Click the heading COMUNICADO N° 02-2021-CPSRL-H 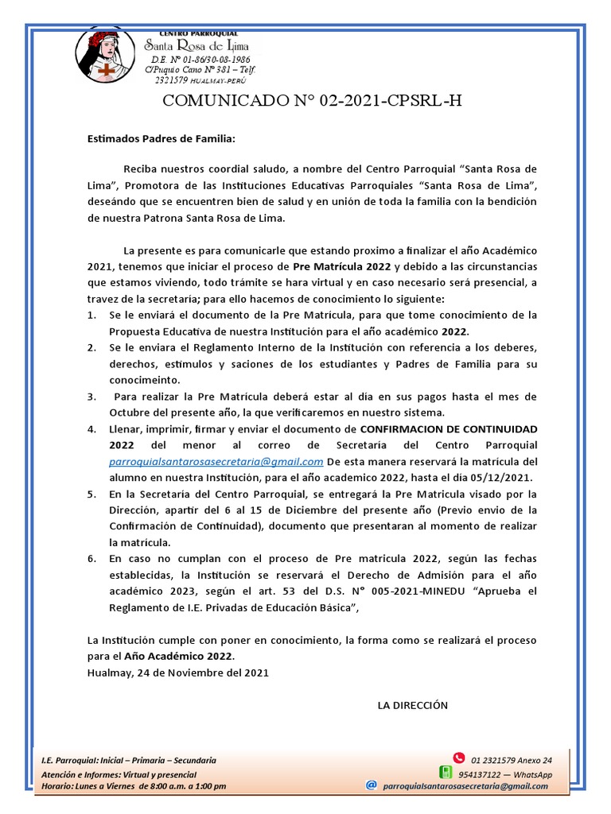(312, 101)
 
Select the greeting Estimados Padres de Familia (162, 138)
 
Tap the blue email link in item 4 (216, 462)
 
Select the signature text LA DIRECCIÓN (412, 705)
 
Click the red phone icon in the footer (457, 758)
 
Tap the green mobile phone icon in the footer (446, 772)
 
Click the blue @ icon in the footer (371, 785)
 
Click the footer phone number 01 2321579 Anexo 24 (511, 760)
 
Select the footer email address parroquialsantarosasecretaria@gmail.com (465, 786)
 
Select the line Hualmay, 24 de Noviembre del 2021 (177, 673)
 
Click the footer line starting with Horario (134, 786)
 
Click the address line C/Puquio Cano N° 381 (199, 70)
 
